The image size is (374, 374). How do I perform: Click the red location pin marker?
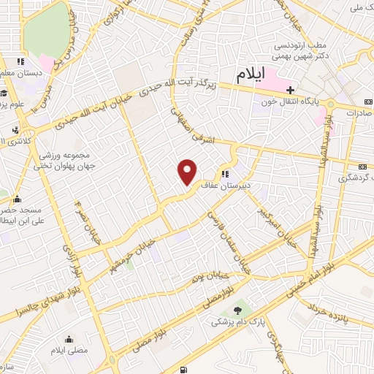188,171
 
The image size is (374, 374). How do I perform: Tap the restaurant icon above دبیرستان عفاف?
226,175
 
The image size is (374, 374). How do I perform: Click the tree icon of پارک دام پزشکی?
236,312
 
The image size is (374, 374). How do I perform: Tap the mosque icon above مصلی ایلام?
69,339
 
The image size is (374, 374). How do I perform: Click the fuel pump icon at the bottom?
182,368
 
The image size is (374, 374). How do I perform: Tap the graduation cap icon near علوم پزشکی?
4,93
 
